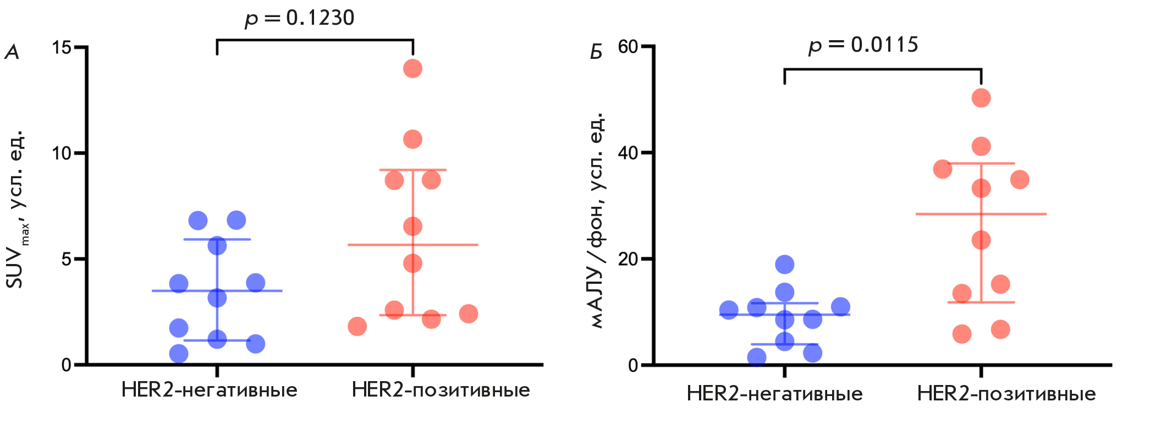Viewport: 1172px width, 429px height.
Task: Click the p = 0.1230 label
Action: [300, 18]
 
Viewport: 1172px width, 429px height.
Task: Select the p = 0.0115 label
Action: [863, 45]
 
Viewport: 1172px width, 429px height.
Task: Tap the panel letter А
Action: [12, 53]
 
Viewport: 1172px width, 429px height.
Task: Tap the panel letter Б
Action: [596, 53]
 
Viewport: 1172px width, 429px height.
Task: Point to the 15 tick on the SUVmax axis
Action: [62, 47]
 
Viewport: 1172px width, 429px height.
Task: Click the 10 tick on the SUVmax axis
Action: [62, 153]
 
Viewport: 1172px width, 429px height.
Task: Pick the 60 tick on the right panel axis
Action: [628, 47]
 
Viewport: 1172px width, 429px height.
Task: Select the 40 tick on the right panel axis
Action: [628, 152]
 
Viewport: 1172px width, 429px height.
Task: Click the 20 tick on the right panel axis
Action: [628, 258]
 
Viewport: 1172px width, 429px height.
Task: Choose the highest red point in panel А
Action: [412, 69]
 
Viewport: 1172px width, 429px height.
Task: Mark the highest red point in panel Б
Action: [981, 98]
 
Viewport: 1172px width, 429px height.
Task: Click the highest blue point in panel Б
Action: [784, 265]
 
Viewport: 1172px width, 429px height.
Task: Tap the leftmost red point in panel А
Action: [357, 326]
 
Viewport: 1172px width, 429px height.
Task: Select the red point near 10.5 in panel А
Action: [412, 139]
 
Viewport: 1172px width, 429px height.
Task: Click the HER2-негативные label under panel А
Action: [209, 390]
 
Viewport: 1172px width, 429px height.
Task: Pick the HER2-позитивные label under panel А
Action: [441, 390]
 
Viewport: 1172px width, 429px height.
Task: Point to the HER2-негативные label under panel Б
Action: [774, 394]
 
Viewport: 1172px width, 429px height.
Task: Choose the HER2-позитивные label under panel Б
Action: [1006, 394]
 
